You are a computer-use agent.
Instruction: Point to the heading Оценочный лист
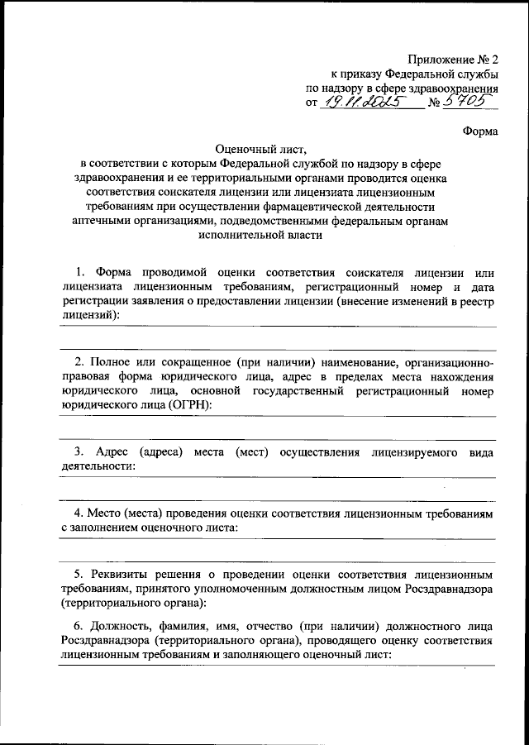(260, 150)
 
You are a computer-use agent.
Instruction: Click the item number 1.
(79, 272)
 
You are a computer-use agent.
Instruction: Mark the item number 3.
(79, 453)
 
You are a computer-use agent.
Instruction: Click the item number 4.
(79, 514)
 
